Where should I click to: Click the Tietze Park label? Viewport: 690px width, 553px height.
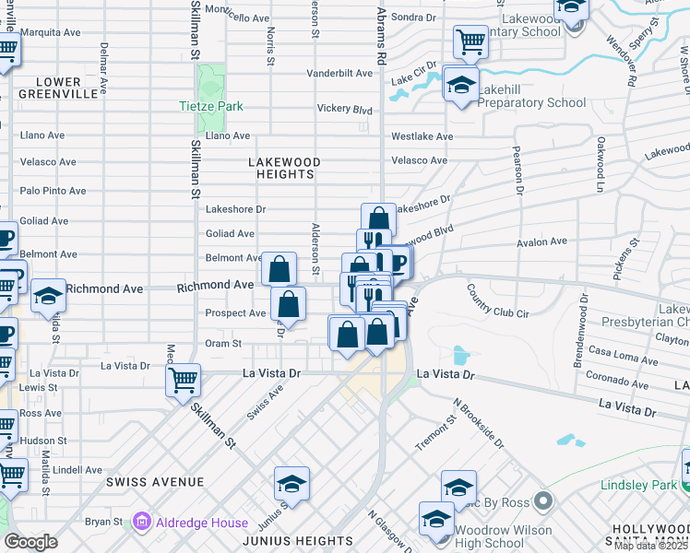click(211, 106)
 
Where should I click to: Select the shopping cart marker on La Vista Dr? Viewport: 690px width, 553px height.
click(183, 378)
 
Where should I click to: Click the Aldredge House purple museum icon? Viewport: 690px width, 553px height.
click(141, 523)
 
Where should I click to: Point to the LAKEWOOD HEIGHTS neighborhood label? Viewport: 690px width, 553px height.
click(285, 168)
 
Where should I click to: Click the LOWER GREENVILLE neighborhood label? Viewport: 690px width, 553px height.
click(59, 88)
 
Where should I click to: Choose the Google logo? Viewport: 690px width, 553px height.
click(30, 541)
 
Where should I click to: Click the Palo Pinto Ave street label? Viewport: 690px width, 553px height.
click(53, 191)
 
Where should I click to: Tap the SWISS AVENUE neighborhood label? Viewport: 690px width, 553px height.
click(154, 482)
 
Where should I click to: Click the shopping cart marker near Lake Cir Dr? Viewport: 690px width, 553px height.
click(470, 41)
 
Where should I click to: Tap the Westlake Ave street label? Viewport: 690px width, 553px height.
click(422, 136)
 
